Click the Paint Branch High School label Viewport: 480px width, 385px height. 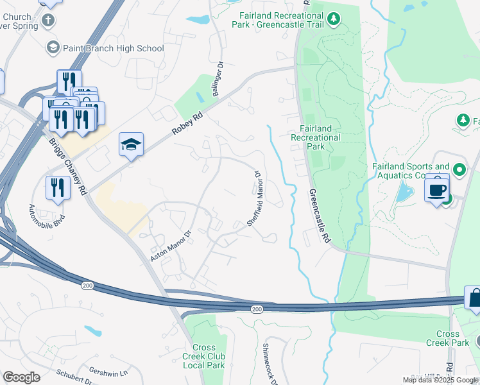113,48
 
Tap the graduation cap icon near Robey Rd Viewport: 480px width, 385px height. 131,146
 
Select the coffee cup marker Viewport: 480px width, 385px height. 437,191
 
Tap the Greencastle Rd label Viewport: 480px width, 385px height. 319,216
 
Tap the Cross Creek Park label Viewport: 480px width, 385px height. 447,338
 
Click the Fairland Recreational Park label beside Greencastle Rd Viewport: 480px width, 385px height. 315,137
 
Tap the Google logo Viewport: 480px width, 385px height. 21,377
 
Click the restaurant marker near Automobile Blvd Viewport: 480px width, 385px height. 58,188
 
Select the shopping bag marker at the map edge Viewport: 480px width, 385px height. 475,300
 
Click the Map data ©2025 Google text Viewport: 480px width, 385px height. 440,380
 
